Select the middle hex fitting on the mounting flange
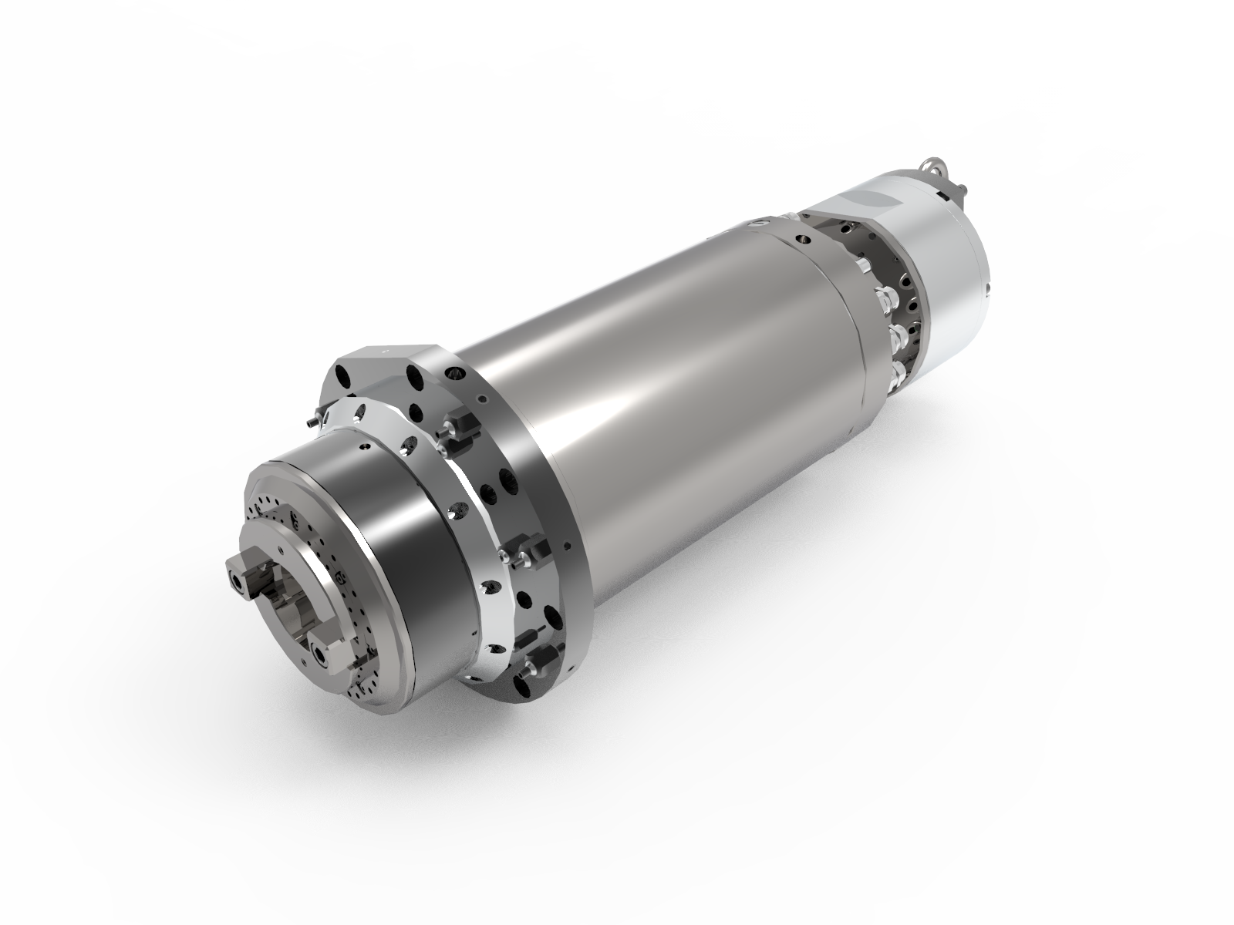(x=531, y=552)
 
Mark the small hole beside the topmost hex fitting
(x=482, y=399)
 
